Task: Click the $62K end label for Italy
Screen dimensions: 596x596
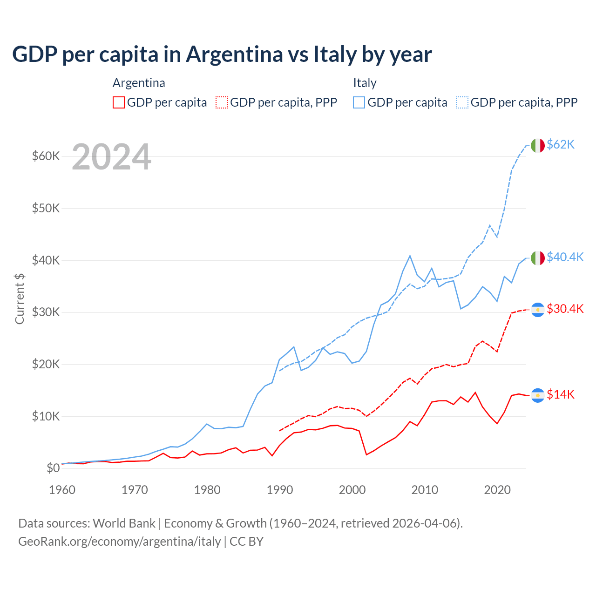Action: point(561,145)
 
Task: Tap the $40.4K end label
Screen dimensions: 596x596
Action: point(565,257)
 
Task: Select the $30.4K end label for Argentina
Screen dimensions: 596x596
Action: point(565,309)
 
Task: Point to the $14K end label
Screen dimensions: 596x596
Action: point(561,394)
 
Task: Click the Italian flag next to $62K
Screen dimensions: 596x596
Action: point(538,145)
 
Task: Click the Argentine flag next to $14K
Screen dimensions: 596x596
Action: point(538,395)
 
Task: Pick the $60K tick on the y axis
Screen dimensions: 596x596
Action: point(46,156)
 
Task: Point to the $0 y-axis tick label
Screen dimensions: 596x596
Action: point(53,468)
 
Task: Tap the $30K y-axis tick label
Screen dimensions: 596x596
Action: point(46,312)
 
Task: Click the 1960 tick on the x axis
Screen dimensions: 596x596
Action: point(62,490)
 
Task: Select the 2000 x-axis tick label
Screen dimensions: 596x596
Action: point(352,490)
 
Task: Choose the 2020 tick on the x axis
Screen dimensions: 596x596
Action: point(497,490)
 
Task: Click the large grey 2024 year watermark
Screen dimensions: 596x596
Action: point(112,157)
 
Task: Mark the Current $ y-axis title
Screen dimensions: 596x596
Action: point(20,298)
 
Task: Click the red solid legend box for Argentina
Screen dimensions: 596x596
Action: point(119,102)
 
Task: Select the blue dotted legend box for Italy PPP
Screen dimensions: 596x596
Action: point(462,102)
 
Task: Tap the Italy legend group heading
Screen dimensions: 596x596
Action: point(365,83)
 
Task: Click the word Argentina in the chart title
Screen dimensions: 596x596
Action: point(234,54)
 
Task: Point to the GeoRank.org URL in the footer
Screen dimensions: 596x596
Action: point(119,542)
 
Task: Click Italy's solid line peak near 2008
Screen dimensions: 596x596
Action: point(410,256)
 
